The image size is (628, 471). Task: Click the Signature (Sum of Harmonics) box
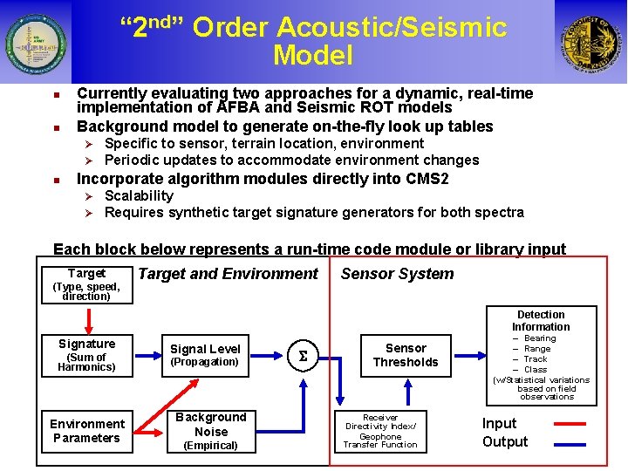86,356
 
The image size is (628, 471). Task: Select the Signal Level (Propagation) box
204,356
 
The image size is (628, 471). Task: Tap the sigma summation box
304,356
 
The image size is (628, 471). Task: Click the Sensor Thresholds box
406,356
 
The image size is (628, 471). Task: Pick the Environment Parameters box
86,431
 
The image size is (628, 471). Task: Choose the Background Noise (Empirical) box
211,431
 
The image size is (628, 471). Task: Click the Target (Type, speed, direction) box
86,284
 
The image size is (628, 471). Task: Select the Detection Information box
541,356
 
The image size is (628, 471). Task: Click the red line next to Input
570,424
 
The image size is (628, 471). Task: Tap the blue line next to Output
570,442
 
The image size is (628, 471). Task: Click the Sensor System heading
397,274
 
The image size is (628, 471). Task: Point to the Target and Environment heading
228,274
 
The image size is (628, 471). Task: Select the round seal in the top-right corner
590,43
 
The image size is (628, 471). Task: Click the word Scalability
139,196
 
